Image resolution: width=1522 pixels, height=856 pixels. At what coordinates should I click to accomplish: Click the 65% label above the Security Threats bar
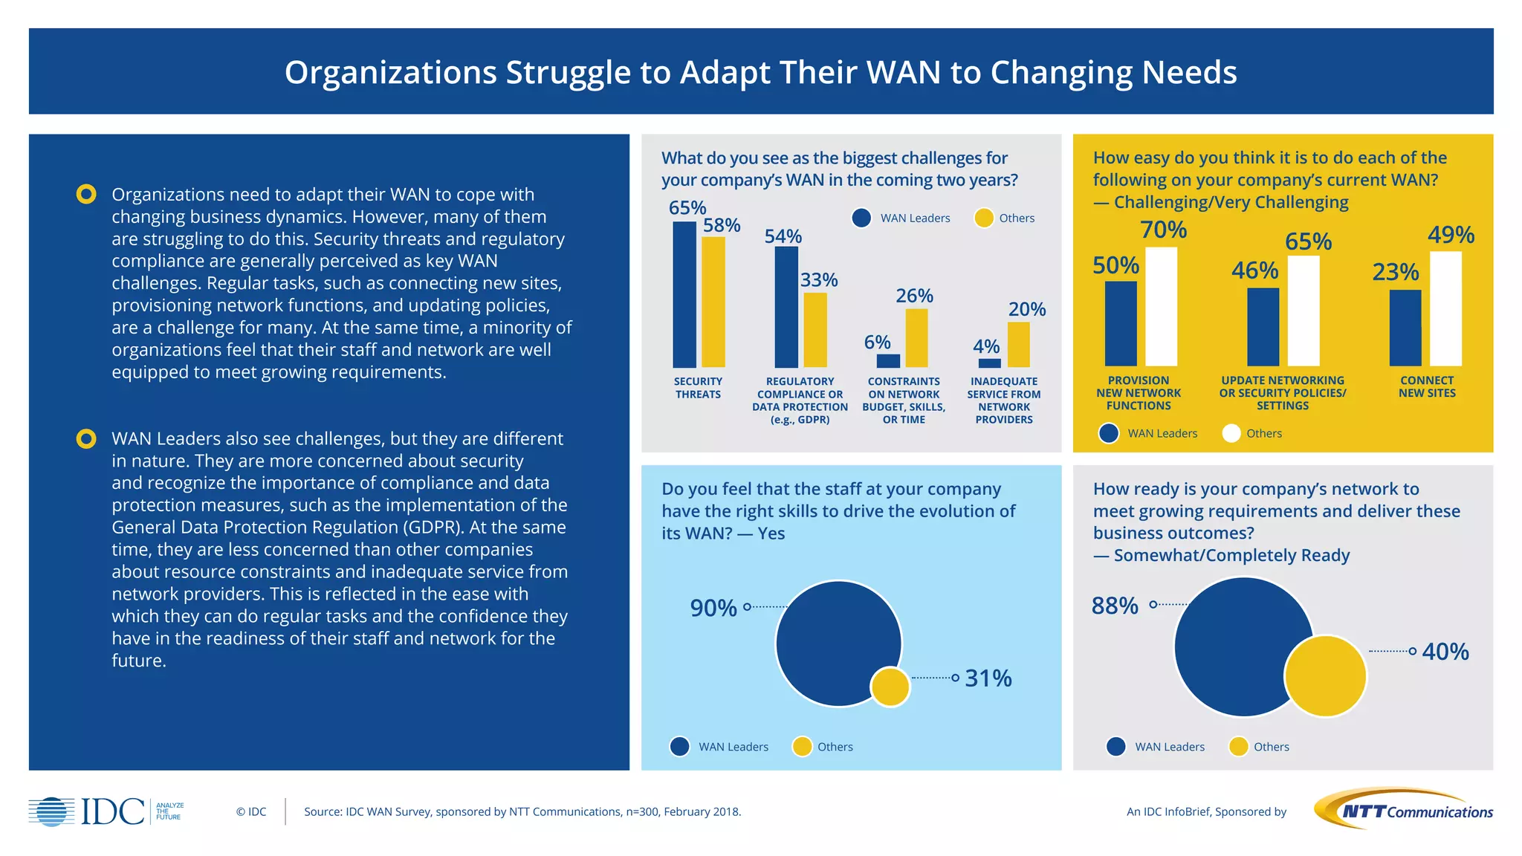point(687,208)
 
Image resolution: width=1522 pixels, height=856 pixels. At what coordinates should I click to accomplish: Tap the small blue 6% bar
point(888,360)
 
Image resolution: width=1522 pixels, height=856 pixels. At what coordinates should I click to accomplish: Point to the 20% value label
point(1026,309)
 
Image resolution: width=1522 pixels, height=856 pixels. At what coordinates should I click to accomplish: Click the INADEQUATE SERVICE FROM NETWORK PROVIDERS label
point(1004,400)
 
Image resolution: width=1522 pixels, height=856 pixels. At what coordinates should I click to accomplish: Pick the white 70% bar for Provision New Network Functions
point(1161,306)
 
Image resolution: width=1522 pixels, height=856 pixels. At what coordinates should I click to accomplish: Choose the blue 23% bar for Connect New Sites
point(1405,328)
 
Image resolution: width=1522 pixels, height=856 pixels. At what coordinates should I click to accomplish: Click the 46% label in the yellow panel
point(1254,270)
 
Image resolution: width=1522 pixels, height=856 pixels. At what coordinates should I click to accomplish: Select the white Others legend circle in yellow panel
point(1231,433)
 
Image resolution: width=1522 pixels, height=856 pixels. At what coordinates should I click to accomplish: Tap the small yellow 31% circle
point(890,687)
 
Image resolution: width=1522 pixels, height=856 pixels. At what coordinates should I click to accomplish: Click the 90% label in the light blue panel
point(713,608)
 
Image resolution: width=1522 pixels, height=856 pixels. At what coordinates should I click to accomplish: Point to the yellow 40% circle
point(1325,676)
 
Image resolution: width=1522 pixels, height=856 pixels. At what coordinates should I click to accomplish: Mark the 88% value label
point(1114,606)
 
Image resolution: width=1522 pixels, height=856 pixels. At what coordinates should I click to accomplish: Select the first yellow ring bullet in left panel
point(86,195)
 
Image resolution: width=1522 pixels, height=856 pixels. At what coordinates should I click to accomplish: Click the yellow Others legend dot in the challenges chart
point(983,218)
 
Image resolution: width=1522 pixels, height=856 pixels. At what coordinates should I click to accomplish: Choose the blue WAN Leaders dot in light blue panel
point(679,747)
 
